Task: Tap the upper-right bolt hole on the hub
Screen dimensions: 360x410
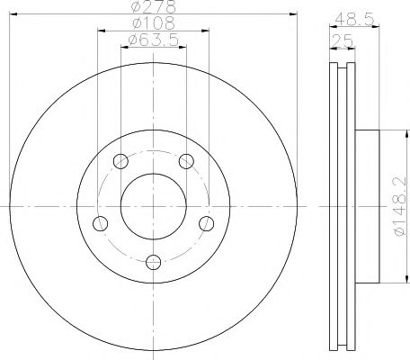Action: click(x=185, y=162)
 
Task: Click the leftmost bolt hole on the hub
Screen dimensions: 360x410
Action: click(x=100, y=223)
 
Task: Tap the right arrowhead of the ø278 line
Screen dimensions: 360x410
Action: click(x=293, y=15)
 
